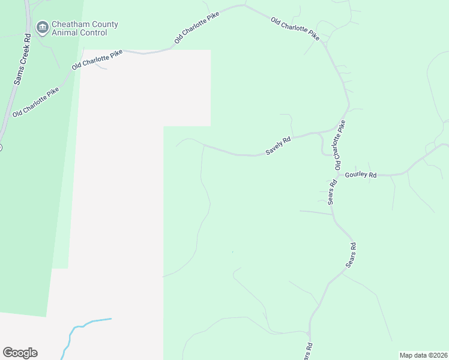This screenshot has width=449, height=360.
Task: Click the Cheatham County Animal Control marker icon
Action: (42, 27)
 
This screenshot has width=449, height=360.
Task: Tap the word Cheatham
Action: (68, 25)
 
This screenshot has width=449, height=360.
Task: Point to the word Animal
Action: (65, 33)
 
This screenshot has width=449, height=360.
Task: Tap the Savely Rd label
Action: (278, 146)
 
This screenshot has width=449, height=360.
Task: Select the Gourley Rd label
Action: (360, 175)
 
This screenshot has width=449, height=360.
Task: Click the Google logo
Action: (20, 353)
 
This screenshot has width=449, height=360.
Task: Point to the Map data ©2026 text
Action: (423, 355)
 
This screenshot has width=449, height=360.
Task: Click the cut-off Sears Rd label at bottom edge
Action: (308, 352)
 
